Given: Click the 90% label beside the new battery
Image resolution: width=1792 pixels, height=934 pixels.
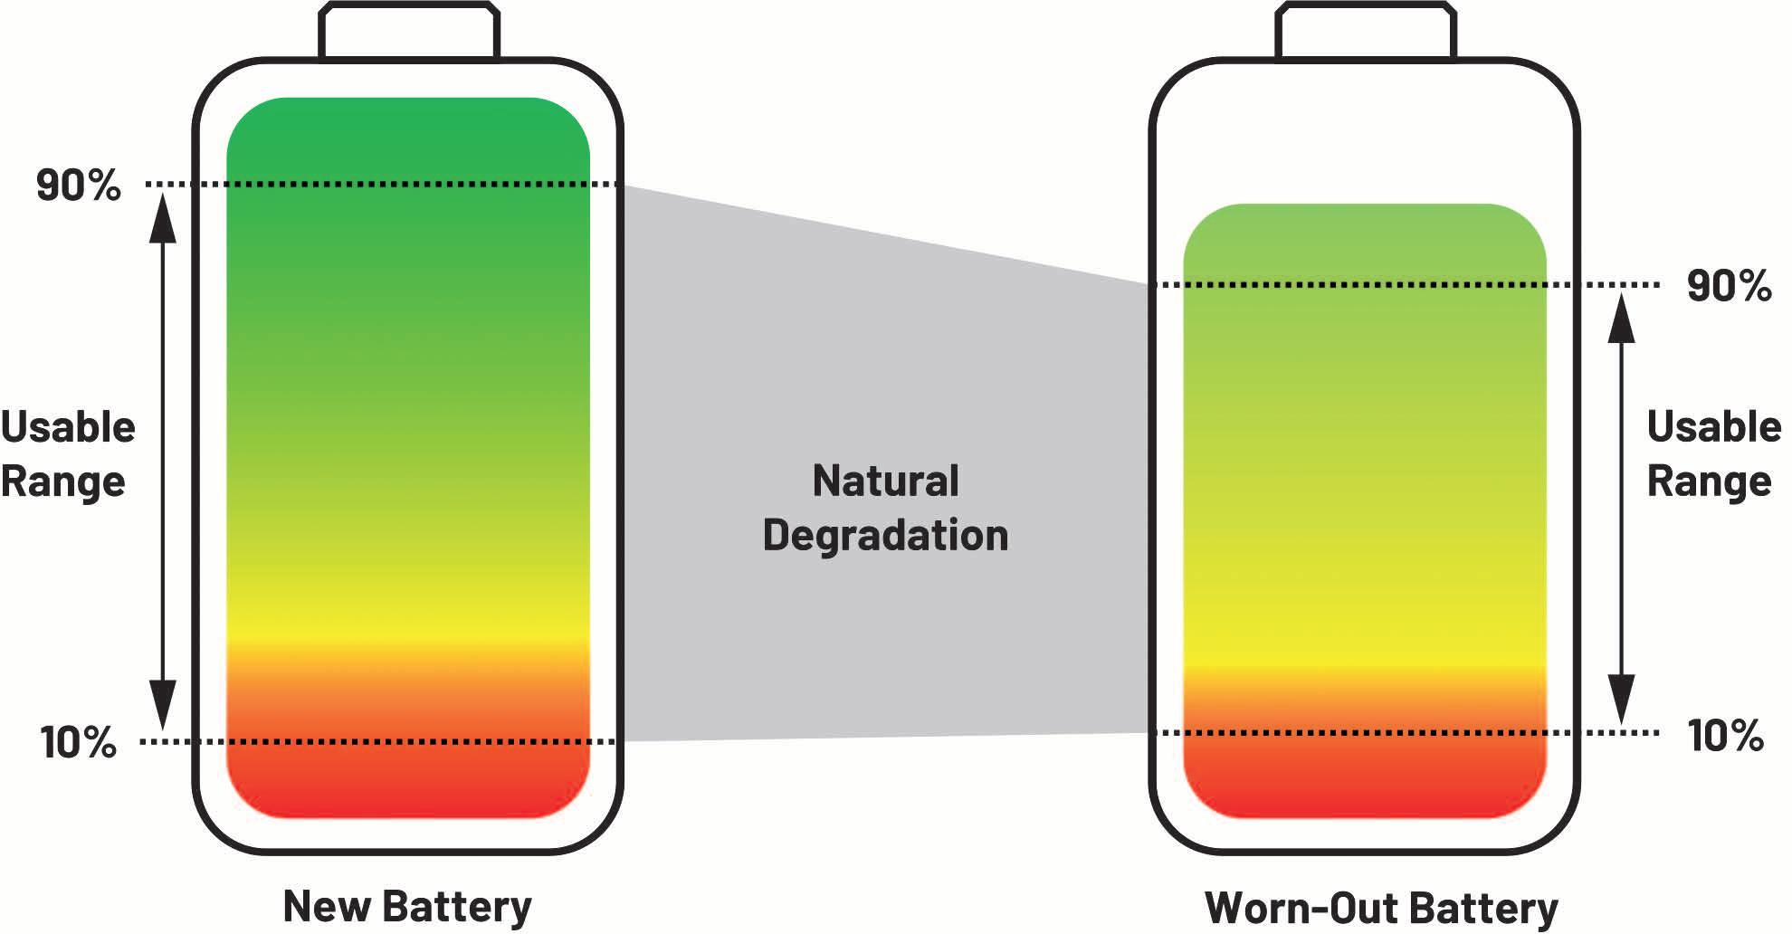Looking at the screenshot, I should click(78, 186).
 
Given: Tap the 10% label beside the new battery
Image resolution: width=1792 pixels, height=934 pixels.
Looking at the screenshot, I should click(78, 742).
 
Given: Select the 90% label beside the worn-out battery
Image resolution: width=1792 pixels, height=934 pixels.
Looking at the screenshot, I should click(1729, 286).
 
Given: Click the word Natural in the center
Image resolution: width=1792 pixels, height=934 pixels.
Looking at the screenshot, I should click(885, 481).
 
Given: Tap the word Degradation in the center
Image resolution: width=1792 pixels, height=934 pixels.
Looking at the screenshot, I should click(885, 535).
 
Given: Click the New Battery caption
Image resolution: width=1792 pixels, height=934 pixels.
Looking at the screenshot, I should click(407, 906).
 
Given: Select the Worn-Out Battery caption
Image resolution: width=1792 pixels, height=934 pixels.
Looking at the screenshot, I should click(1381, 908).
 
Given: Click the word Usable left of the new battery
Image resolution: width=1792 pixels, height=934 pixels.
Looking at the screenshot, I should click(68, 427).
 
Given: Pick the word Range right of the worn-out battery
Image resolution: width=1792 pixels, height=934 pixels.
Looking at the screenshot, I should click(1709, 481).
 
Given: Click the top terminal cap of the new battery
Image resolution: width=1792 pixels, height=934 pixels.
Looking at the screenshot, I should click(408, 32).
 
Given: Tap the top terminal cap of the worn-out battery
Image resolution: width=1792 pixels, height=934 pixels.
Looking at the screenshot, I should click(1366, 32).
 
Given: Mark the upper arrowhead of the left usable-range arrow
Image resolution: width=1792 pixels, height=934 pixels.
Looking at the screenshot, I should click(163, 217).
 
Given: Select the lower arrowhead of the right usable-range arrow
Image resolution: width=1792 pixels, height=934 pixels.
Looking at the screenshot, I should click(1621, 699).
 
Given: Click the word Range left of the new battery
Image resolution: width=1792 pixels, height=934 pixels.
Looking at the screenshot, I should click(62, 481).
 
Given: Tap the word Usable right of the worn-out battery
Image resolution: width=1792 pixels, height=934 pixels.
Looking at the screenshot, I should click(1713, 427).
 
